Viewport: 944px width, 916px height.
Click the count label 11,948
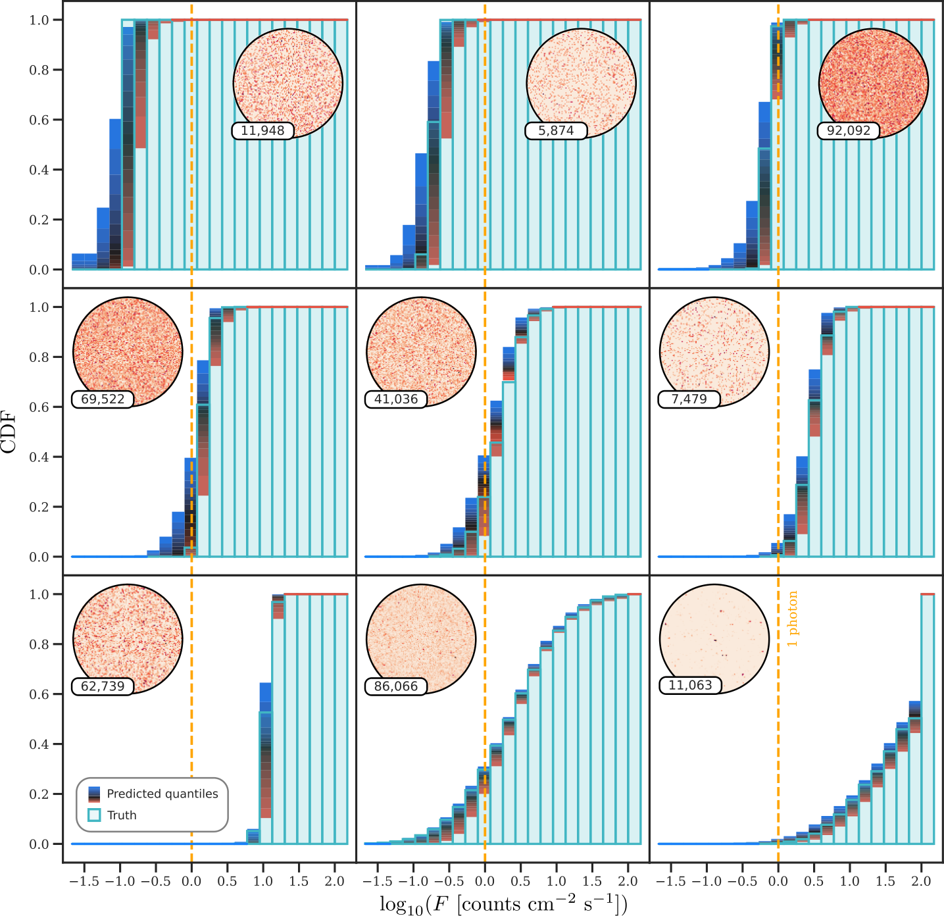click(x=262, y=130)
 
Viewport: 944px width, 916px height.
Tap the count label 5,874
click(x=556, y=130)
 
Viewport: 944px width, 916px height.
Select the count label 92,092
click(x=849, y=130)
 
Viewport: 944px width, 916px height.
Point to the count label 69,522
click(x=103, y=399)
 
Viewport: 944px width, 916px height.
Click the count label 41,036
click(x=396, y=399)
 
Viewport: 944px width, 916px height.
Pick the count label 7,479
click(x=689, y=399)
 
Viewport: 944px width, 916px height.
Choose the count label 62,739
click(x=103, y=686)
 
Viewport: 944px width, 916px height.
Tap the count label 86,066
click(x=396, y=686)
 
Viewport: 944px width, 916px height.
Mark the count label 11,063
click(x=690, y=686)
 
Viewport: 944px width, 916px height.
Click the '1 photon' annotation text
click(x=792, y=619)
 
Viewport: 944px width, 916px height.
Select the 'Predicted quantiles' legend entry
click(x=153, y=794)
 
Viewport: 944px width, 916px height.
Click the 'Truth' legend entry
click(x=112, y=815)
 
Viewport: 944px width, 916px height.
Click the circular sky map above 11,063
click(x=714, y=639)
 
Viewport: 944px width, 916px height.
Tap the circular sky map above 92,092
click(x=874, y=83)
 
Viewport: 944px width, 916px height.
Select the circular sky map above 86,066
click(x=421, y=639)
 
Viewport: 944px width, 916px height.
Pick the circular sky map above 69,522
click(x=128, y=352)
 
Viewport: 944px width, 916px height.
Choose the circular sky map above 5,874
click(x=581, y=83)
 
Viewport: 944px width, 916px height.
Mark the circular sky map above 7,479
click(x=714, y=352)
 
